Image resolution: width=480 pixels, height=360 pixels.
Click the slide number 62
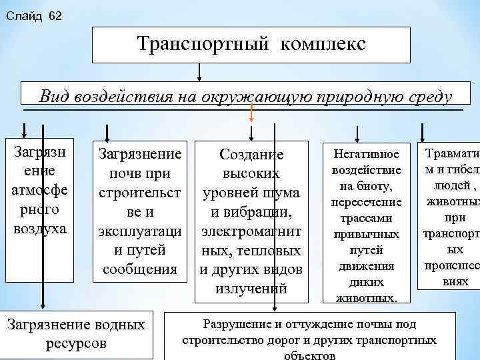click(55, 15)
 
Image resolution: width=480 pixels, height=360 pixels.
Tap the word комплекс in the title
click(323, 45)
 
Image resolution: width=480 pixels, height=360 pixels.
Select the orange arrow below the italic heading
click(251, 114)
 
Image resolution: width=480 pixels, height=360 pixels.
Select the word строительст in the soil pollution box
click(139, 193)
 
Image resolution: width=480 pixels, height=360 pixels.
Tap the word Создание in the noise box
click(251, 155)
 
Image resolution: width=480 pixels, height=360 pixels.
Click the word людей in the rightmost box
click(449, 185)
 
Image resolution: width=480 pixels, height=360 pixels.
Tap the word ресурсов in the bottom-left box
click(76, 343)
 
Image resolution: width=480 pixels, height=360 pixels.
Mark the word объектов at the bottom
click(309, 355)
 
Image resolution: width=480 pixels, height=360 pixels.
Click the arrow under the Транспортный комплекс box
click(198, 72)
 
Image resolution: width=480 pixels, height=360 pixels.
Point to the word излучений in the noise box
click(251, 289)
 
